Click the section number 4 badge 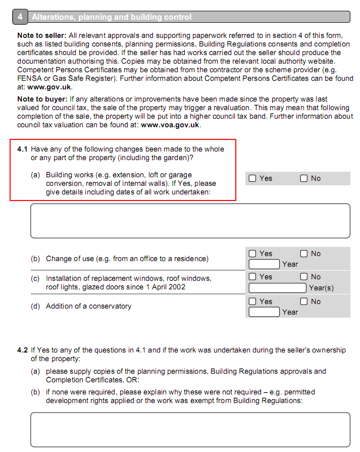click(x=20, y=17)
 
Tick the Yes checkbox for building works click(x=252, y=178)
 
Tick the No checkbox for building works click(x=304, y=178)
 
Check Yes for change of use click(x=252, y=254)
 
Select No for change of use click(x=304, y=254)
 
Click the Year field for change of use click(x=264, y=264)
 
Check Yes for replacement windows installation click(x=252, y=277)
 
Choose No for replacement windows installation click(x=304, y=277)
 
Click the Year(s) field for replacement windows click(x=278, y=288)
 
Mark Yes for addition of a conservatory click(x=252, y=302)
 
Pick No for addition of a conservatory click(x=304, y=302)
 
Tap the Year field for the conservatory click(x=264, y=312)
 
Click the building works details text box click(x=190, y=221)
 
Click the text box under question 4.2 click(x=190, y=429)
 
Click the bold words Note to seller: click(x=42, y=35)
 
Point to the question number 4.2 click(x=23, y=350)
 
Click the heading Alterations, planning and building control click(x=112, y=17)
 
